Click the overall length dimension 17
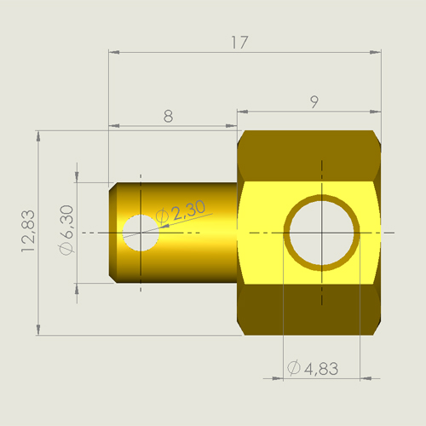[239, 43]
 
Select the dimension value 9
[314, 101]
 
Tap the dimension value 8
[168, 116]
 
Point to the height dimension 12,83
[28, 231]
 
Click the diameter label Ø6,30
[66, 229]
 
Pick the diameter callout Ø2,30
[181, 210]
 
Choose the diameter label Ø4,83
[313, 368]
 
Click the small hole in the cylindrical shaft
[141, 233]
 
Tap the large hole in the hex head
[322, 233]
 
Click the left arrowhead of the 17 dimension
[114, 52]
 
